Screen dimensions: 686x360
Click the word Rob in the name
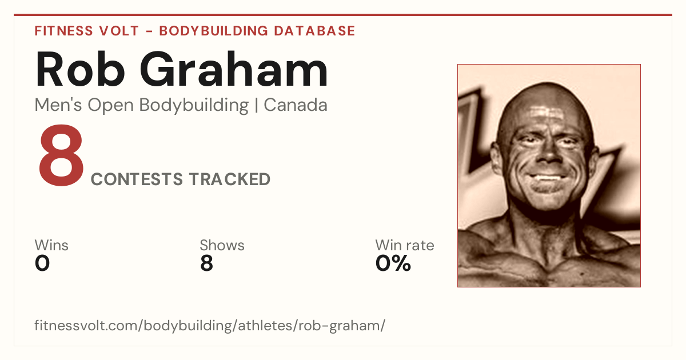pyautogui.click(x=80, y=69)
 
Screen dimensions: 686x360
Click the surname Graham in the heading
pyautogui.click(x=234, y=69)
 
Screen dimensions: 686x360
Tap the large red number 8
pyautogui.click(x=61, y=155)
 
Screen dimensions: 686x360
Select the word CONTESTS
pyautogui.click(x=137, y=179)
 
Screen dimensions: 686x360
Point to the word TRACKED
pyautogui.click(x=230, y=179)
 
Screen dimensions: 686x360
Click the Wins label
pyautogui.click(x=51, y=245)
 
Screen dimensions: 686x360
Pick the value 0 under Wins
pyautogui.click(x=42, y=263)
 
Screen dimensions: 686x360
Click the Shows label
pyautogui.click(x=222, y=245)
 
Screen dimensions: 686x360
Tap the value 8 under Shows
pyautogui.click(x=206, y=263)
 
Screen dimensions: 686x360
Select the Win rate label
pyautogui.click(x=405, y=245)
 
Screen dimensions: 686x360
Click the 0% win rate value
pyautogui.click(x=393, y=263)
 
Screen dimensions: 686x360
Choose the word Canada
pyautogui.click(x=296, y=105)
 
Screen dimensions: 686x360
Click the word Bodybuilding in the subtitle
pyautogui.click(x=194, y=106)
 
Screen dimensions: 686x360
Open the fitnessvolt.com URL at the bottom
pyautogui.click(x=210, y=325)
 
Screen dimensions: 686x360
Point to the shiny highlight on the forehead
pyautogui.click(x=546, y=113)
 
